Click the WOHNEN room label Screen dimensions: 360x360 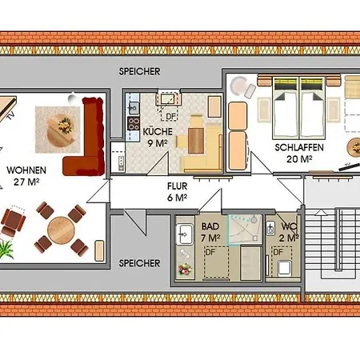click(x=26, y=170)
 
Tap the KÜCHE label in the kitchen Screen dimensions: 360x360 click(x=158, y=132)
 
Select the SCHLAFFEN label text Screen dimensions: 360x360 click(x=299, y=147)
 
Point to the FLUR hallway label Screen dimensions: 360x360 click(x=178, y=186)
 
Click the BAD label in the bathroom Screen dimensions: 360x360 click(x=210, y=226)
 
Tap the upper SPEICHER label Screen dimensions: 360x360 click(x=139, y=71)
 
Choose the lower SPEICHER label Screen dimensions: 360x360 click(x=139, y=263)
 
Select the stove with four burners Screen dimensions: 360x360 click(x=134, y=123)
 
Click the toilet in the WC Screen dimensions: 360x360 click(x=284, y=268)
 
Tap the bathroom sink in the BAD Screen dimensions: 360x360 click(x=185, y=234)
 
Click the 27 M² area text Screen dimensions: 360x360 click(x=26, y=182)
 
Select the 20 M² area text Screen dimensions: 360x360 click(x=299, y=159)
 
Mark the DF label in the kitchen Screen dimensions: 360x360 click(x=170, y=116)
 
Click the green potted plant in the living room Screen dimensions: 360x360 click(x=6, y=250)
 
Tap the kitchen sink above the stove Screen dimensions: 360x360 click(x=134, y=108)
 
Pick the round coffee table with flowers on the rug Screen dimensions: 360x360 click(x=60, y=130)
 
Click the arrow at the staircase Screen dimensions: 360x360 click(x=321, y=213)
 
